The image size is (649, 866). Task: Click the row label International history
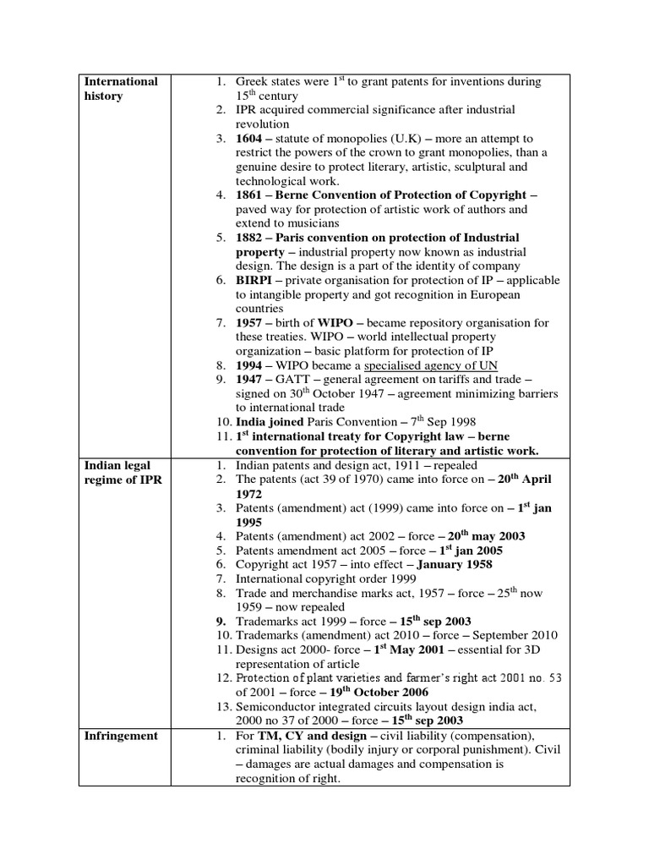(120, 89)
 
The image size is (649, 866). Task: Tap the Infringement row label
(121, 736)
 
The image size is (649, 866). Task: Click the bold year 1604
(250, 138)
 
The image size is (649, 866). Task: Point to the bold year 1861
(250, 195)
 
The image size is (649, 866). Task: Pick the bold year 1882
(250, 238)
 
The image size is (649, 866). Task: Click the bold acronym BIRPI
(254, 280)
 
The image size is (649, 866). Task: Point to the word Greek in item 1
(252, 81)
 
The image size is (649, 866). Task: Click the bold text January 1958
(452, 564)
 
